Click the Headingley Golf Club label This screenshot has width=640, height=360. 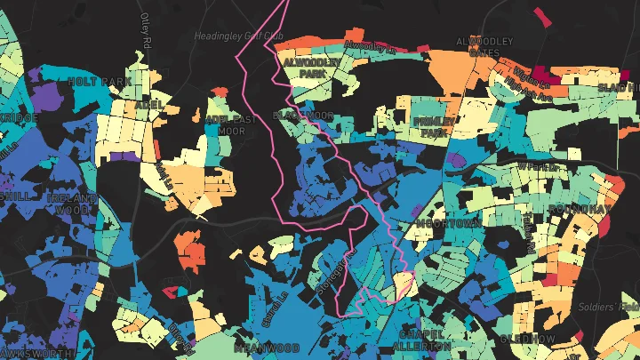(x=237, y=36)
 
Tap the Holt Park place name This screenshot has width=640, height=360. (x=100, y=81)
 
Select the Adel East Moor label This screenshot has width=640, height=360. (x=224, y=124)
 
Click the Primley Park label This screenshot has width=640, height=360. (x=434, y=126)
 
